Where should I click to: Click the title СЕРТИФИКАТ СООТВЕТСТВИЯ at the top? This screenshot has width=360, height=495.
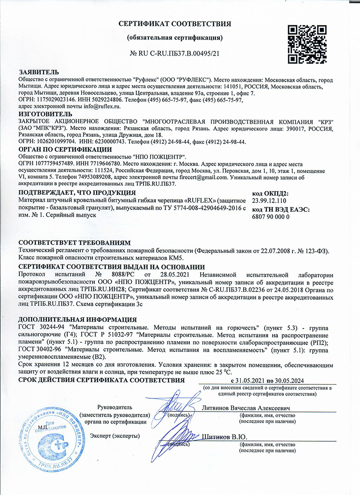[x=175, y=24]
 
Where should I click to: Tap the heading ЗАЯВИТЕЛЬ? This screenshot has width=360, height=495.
[x=39, y=72]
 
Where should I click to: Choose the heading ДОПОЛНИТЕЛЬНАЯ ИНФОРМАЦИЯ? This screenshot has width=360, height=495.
[x=77, y=320]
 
